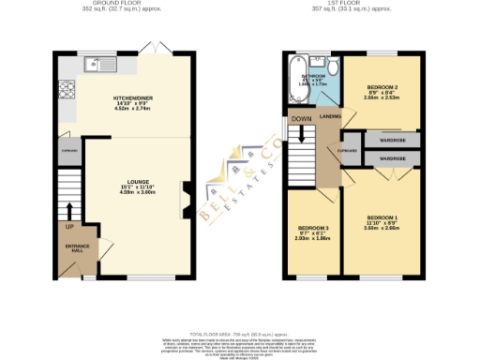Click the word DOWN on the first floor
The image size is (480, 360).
[301, 119]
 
